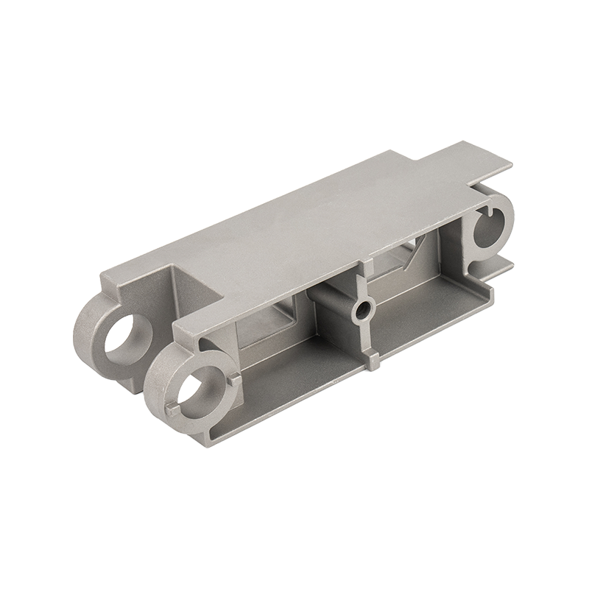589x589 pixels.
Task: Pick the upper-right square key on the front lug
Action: (233, 379)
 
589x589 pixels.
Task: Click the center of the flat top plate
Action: (309, 221)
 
